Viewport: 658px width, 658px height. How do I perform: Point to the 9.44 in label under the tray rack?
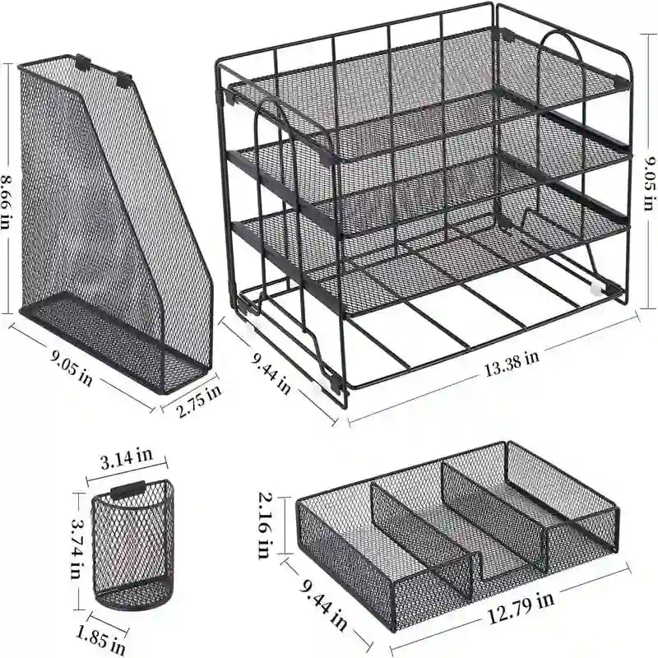pyautogui.click(x=271, y=370)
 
